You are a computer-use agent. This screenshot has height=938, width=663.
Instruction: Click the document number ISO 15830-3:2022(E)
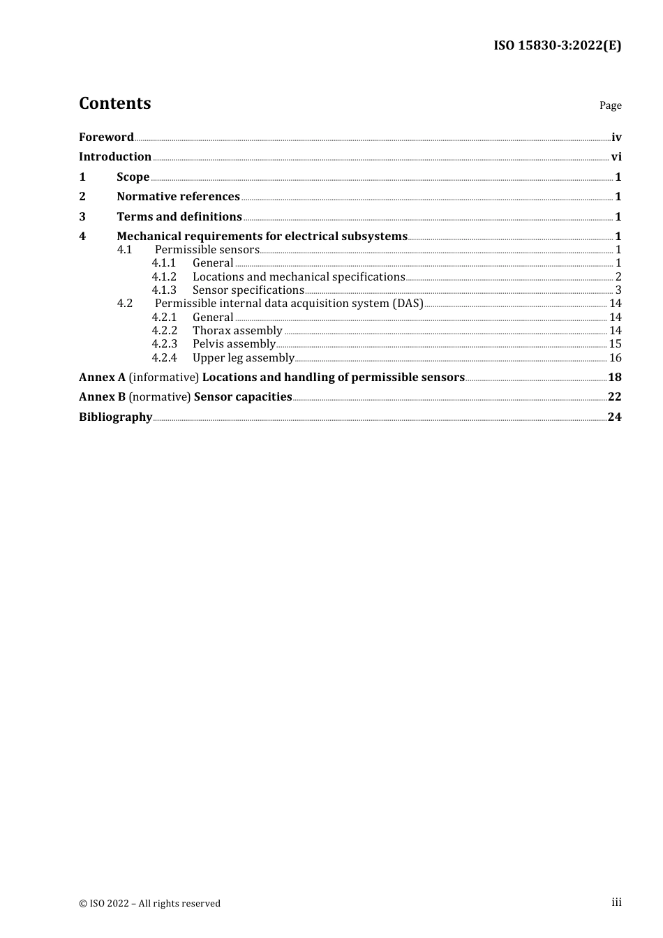tap(557, 45)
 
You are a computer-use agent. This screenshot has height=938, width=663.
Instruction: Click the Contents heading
tap(114, 103)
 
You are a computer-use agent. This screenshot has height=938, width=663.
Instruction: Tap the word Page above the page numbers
tap(610, 105)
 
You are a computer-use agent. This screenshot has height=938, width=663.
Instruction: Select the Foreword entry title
tap(106, 137)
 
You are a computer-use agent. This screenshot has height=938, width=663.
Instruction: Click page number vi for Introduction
tap(616, 157)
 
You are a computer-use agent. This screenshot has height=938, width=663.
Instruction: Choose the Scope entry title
tap(133, 177)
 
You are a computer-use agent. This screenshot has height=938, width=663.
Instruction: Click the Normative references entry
tap(178, 197)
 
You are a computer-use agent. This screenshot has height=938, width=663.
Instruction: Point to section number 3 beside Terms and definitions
tap(82, 217)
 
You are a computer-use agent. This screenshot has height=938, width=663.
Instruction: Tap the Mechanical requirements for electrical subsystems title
tap(262, 237)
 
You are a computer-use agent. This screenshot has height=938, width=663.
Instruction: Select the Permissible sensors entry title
tap(207, 250)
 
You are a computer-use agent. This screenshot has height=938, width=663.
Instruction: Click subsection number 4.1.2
tap(164, 277)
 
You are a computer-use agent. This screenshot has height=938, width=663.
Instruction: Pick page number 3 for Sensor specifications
tap(618, 290)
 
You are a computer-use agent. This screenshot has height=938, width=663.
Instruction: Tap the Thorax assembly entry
tap(237, 331)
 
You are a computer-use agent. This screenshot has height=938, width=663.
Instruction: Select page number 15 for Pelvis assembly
tap(615, 344)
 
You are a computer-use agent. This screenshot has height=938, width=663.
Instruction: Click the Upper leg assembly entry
tap(243, 358)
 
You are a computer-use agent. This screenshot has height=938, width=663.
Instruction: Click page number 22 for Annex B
tap(614, 397)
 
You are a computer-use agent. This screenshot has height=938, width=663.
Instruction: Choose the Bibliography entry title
tap(115, 417)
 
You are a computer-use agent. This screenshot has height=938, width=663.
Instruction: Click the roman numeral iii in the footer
tap(616, 902)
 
